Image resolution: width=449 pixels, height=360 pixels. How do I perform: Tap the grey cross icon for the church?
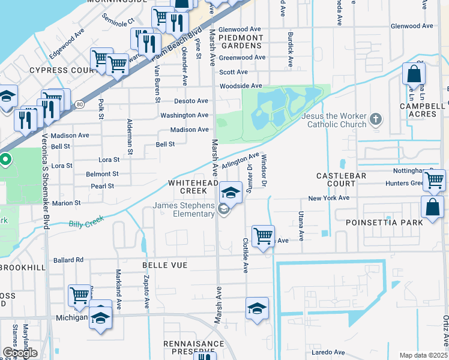click(x=376, y=119)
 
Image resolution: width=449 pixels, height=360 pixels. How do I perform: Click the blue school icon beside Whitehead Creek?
click(x=231, y=192)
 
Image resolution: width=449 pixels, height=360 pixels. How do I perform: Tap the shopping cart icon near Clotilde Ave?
click(x=263, y=236)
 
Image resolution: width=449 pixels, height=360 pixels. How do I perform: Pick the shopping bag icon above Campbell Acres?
click(x=414, y=74)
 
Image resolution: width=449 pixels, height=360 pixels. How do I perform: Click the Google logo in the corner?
click(x=20, y=353)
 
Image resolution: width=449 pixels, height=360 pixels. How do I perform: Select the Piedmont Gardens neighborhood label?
click(x=241, y=41)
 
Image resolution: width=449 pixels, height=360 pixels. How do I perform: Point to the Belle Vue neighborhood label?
click(x=164, y=265)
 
